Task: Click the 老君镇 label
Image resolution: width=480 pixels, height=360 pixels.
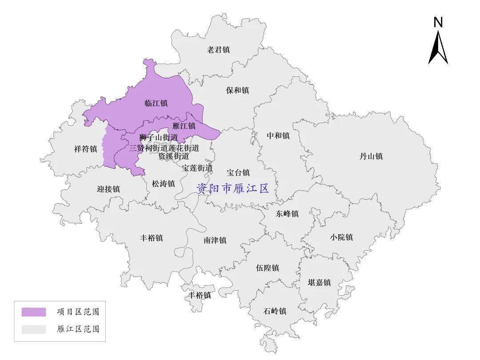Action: point(218,50)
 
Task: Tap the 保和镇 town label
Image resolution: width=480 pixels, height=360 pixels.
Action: point(237,91)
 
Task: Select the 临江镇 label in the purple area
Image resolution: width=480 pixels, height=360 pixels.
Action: point(156,104)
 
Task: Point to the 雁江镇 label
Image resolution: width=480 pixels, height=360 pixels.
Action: point(184,126)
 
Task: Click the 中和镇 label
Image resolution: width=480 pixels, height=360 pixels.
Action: point(278,136)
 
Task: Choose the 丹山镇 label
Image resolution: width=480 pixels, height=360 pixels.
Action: point(371,156)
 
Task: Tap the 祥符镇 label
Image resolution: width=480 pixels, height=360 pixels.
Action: point(86,149)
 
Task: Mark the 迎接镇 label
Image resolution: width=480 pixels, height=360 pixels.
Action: point(108,189)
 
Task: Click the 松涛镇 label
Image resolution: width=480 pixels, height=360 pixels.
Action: point(163,184)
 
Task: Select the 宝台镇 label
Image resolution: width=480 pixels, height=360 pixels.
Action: point(238,172)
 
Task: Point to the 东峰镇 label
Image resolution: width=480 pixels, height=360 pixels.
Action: point(287,214)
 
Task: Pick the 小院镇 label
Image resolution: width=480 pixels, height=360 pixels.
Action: point(341,237)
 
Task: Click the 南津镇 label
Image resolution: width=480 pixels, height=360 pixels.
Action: point(215,240)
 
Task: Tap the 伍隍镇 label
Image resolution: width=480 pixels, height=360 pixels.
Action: point(268,268)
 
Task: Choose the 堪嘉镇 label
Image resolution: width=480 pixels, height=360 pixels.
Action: point(320,283)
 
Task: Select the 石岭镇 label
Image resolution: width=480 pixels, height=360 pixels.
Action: point(275,311)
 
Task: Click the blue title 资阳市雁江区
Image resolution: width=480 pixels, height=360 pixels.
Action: point(233,188)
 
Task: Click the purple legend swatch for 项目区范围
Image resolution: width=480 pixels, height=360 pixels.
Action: point(34,312)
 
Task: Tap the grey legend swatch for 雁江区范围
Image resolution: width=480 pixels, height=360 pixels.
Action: point(34,329)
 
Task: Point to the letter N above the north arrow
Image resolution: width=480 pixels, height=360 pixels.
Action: point(438,22)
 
